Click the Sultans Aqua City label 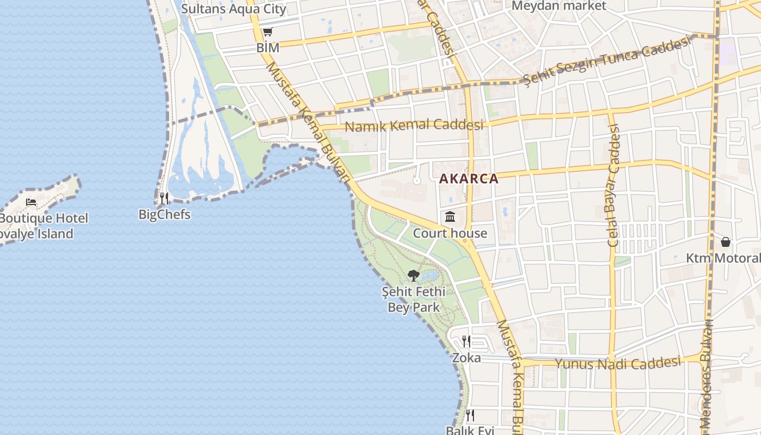233,9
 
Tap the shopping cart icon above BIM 267,32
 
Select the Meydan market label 559,6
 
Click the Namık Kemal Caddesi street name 414,125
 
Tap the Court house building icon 450,217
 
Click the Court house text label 450,233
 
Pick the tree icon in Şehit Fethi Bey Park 413,276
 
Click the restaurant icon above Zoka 466,341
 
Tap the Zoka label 466,358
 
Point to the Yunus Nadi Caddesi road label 617,363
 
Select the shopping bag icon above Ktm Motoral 725,242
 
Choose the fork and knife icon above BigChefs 164,198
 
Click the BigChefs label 165,214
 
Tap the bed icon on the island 32,202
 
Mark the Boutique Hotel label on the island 43,219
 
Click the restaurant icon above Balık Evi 470,415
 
